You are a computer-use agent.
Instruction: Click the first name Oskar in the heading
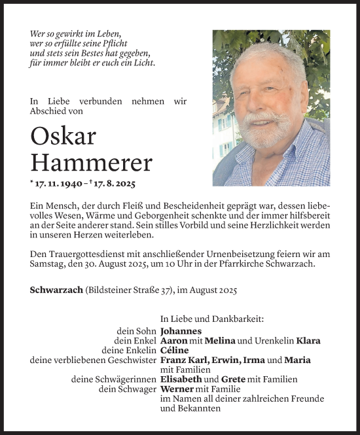coord(63,136)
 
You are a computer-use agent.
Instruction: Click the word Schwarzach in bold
coord(56,289)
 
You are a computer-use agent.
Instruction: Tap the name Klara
coord(308,341)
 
